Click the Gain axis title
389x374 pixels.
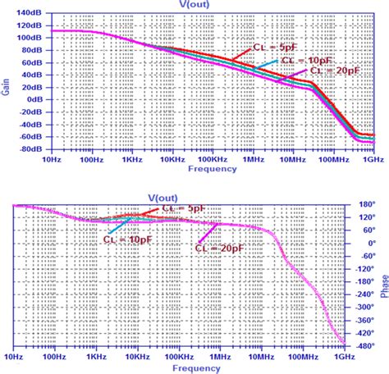click(x=7, y=81)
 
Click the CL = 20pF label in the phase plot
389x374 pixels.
click(x=221, y=245)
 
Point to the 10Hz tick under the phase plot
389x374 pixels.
click(x=14, y=356)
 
